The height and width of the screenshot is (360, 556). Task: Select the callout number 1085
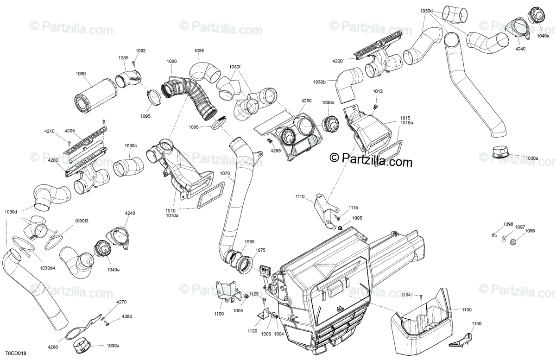123,58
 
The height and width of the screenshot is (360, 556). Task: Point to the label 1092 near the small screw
140,51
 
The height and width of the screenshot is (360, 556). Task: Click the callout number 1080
172,61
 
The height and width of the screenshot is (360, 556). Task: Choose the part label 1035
199,51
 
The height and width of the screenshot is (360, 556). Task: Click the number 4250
307,101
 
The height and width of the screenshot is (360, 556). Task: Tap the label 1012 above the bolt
378,91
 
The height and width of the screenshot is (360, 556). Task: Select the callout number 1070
225,174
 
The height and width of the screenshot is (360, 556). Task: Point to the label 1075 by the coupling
261,250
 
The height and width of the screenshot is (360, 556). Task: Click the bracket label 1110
300,197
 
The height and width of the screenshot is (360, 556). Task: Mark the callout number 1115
354,208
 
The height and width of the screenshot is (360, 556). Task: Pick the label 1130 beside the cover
467,309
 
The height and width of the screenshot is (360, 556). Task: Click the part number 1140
477,323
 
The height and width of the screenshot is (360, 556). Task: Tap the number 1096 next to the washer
530,231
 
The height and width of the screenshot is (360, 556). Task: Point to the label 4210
50,131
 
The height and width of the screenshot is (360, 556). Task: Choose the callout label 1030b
319,82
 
